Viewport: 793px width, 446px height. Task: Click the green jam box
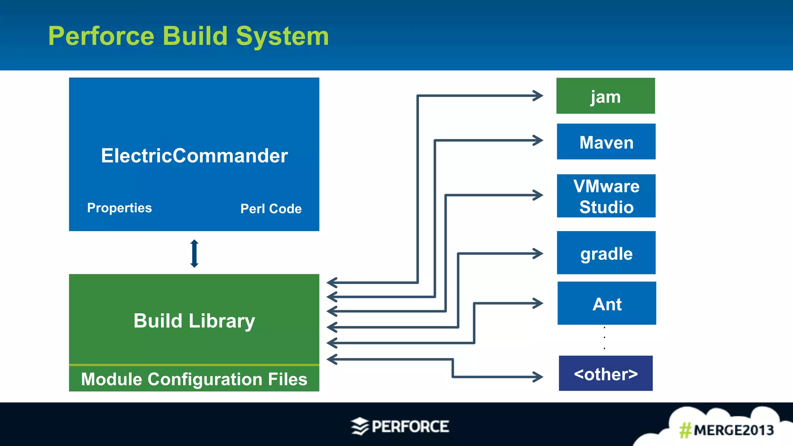(605, 96)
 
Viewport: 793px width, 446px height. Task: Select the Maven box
(606, 142)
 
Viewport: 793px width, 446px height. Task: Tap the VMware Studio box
(606, 196)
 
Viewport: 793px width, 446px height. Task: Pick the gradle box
(606, 253)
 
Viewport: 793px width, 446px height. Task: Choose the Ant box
(606, 303)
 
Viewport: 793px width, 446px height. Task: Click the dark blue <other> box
(606, 373)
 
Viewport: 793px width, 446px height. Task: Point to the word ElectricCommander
(194, 156)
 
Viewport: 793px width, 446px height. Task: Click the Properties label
(119, 208)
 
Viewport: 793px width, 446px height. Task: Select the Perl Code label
(271, 209)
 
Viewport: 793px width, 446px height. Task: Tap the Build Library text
(194, 321)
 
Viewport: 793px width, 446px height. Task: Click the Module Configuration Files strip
(194, 379)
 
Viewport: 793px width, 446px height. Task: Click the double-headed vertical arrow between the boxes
(194, 254)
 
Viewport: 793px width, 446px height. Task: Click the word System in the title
(282, 36)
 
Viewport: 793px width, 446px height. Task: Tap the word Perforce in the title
(101, 36)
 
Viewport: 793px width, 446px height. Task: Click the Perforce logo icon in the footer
(360, 426)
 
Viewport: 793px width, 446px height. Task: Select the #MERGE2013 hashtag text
(726, 430)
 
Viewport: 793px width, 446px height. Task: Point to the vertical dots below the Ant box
(604, 338)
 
